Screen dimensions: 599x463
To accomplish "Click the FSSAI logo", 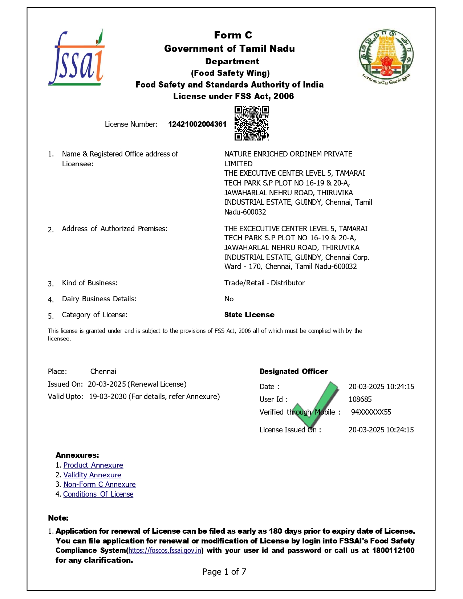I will pos(77,58).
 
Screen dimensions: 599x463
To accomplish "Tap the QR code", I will pos(252,123).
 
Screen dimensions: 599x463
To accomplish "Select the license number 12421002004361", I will pos(197,124).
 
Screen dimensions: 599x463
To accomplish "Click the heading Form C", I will pos(233,35).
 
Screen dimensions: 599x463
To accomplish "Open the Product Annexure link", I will pos(93,465).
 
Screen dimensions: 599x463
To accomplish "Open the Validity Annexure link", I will pos(92,475).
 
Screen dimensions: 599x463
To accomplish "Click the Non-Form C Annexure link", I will pos(99,484).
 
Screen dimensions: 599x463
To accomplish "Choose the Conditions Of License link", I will pos(98,494).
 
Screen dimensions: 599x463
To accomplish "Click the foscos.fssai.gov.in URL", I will pos(165,550).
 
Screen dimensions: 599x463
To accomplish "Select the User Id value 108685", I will pos(360,399).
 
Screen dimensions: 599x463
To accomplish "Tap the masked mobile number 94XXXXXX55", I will pos(371,412).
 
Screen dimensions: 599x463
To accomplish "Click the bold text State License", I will pos(249,315).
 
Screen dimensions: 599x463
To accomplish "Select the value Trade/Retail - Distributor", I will pos(264,283).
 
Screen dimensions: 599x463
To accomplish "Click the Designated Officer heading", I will pos(293,371).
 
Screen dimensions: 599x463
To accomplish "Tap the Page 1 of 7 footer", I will pos(224,572).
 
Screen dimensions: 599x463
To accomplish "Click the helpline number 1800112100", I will pos(393,550).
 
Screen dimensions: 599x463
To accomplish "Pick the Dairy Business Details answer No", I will pos(229,299).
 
